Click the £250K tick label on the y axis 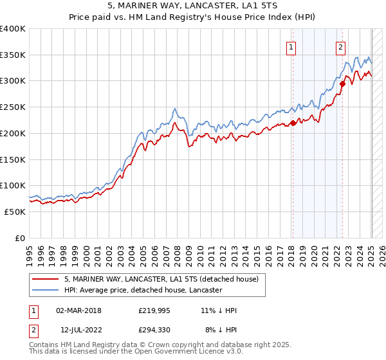[x=13, y=107]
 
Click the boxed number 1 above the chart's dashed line [x=291, y=46]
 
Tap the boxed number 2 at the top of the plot [x=340, y=46]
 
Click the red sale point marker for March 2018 [x=293, y=123]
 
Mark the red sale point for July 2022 [x=343, y=84]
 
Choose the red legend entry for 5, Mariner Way [x=161, y=279]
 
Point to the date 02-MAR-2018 [x=78, y=310]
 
